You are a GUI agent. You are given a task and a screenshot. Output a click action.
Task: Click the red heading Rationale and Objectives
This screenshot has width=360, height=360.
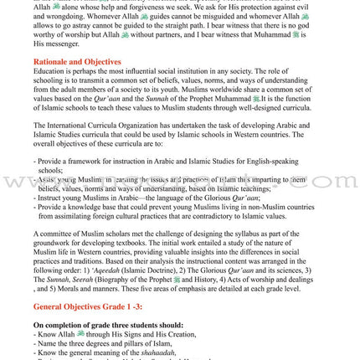[77, 62]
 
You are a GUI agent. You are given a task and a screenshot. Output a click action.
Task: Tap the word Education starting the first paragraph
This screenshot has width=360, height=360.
[49, 72]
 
